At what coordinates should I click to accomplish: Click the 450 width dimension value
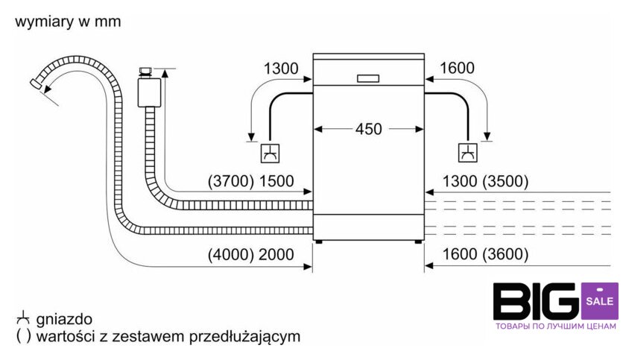pyautogui.click(x=368, y=129)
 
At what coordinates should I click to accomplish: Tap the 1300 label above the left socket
pyautogui.click(x=281, y=69)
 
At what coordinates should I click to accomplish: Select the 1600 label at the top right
pyautogui.click(x=457, y=69)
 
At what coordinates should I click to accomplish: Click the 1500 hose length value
pyautogui.click(x=276, y=180)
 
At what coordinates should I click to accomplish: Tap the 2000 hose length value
pyautogui.click(x=276, y=254)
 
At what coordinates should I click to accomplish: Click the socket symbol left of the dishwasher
pyautogui.click(x=270, y=153)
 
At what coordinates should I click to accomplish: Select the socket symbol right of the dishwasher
pyautogui.click(x=467, y=153)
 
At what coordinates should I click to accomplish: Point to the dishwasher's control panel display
pyautogui.click(x=368, y=78)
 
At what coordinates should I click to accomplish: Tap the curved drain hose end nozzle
pyautogui.click(x=36, y=85)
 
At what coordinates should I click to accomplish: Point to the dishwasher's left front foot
pyautogui.click(x=320, y=241)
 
